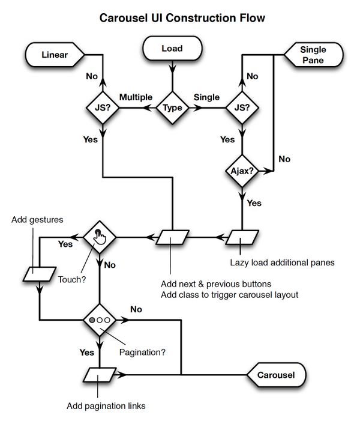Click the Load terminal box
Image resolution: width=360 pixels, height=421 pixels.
click(172, 49)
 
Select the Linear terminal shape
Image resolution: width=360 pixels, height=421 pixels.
click(55, 55)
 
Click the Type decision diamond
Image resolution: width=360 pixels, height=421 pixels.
click(173, 108)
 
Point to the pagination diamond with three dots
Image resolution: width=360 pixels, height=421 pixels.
click(100, 321)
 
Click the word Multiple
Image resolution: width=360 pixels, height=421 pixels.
click(136, 97)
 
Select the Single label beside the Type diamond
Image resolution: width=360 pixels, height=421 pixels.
click(206, 97)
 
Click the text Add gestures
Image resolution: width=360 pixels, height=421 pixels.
click(37, 219)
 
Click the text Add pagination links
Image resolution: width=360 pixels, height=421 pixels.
click(106, 406)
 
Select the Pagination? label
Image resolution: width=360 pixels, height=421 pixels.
click(142, 351)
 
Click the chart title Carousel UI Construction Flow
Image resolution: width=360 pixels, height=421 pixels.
click(181, 19)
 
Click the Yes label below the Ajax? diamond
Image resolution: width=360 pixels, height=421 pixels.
click(254, 203)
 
